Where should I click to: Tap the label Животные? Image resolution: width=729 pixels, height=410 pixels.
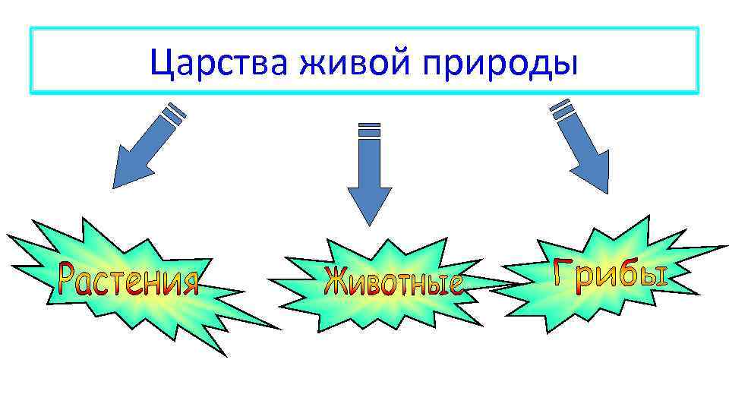[x=393, y=282]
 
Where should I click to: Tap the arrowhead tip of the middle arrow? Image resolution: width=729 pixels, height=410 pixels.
[x=369, y=223]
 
